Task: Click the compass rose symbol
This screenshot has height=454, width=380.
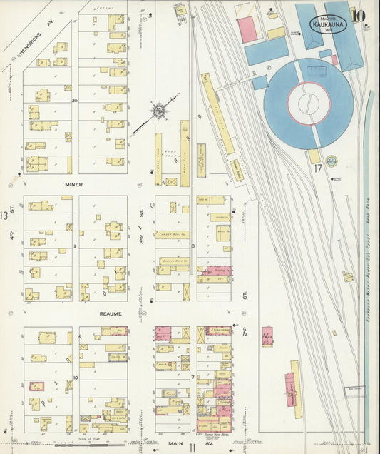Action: pos(158,111)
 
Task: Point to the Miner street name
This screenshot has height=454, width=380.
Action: pos(74,185)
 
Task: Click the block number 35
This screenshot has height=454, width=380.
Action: pos(74,101)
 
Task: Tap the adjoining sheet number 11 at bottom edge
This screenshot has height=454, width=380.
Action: pos(192,447)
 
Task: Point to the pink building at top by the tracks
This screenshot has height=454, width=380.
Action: pos(247,29)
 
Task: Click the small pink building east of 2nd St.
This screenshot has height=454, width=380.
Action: pos(267,336)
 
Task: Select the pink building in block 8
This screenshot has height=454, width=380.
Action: pos(214,271)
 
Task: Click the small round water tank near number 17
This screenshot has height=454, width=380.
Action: pos(331,162)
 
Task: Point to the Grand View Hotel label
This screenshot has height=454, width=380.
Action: pos(213,434)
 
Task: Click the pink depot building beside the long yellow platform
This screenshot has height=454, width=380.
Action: pos(289,389)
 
